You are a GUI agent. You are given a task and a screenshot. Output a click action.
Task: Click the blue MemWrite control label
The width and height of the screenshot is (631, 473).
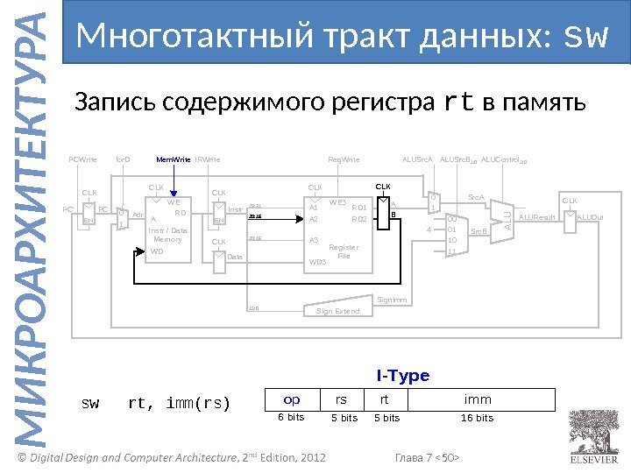173,160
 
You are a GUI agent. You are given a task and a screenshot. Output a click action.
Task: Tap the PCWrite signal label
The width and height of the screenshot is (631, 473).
82,160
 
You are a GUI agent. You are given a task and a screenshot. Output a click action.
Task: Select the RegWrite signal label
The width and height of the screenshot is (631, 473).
343,160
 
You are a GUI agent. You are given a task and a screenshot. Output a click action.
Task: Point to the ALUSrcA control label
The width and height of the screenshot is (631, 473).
418,160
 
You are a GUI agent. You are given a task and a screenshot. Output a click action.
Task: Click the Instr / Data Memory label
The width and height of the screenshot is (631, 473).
167,234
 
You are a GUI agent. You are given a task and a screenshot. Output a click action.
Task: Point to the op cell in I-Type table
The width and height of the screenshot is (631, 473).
291,399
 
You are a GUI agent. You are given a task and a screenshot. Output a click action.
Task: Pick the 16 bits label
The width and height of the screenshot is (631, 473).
478,418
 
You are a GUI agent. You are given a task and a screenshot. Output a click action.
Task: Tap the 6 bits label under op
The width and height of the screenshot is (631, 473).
291,418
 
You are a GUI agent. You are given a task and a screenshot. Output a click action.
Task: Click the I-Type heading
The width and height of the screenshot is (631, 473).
403,376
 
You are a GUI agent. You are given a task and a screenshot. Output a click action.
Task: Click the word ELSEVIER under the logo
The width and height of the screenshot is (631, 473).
593,457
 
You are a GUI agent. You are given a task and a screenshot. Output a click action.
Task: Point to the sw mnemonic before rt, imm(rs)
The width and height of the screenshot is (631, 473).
90,404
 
